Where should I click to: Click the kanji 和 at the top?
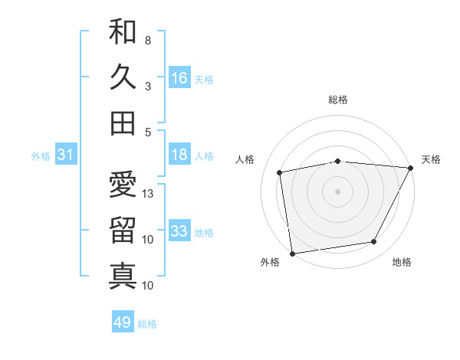click(123, 32)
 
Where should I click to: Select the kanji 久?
click(123, 77)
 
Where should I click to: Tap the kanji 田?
click(123, 123)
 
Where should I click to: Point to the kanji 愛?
click(123, 185)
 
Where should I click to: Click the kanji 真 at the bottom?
click(123, 275)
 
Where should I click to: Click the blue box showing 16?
click(179, 77)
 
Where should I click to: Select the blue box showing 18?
click(179, 155)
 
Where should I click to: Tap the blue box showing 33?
click(179, 231)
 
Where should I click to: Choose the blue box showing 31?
click(65, 155)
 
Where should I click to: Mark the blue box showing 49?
click(123, 322)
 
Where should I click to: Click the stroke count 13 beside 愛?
click(149, 194)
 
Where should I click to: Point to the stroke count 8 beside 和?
click(147, 40)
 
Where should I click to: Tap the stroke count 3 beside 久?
click(147, 86)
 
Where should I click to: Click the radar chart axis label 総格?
click(338, 100)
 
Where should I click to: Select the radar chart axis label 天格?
click(431, 159)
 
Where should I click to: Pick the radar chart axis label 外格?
click(270, 262)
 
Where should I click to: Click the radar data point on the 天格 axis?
click(410, 167)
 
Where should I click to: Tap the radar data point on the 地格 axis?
click(374, 242)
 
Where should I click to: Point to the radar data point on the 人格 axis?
click(280, 172)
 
